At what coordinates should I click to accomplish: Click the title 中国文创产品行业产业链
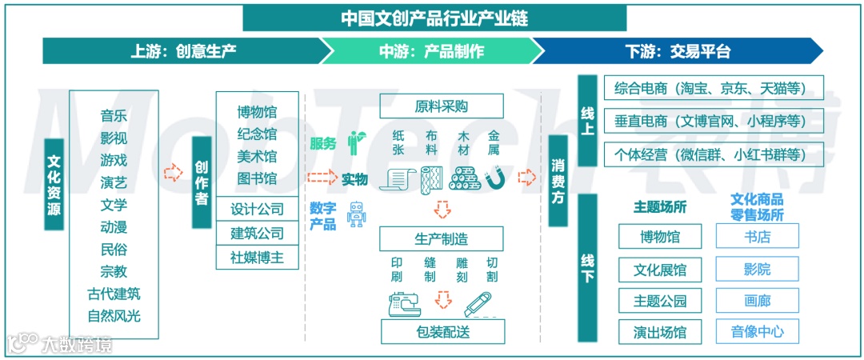point(434,17)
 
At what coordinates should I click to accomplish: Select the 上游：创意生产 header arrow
point(183,52)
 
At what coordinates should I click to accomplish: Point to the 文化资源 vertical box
point(54,185)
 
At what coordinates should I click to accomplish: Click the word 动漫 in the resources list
point(114,226)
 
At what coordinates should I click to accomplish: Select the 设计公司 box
point(257,210)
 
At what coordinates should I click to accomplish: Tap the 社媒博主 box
point(257,258)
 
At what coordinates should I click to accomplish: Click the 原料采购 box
point(441,106)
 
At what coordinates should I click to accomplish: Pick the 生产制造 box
point(441,238)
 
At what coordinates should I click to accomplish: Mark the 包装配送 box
point(442,330)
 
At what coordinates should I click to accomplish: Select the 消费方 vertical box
point(558,182)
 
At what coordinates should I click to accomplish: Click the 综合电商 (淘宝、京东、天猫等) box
point(709,88)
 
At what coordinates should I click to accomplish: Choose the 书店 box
point(757,236)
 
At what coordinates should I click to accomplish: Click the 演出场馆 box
point(660,331)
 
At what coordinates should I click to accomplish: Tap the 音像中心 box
point(757,331)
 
